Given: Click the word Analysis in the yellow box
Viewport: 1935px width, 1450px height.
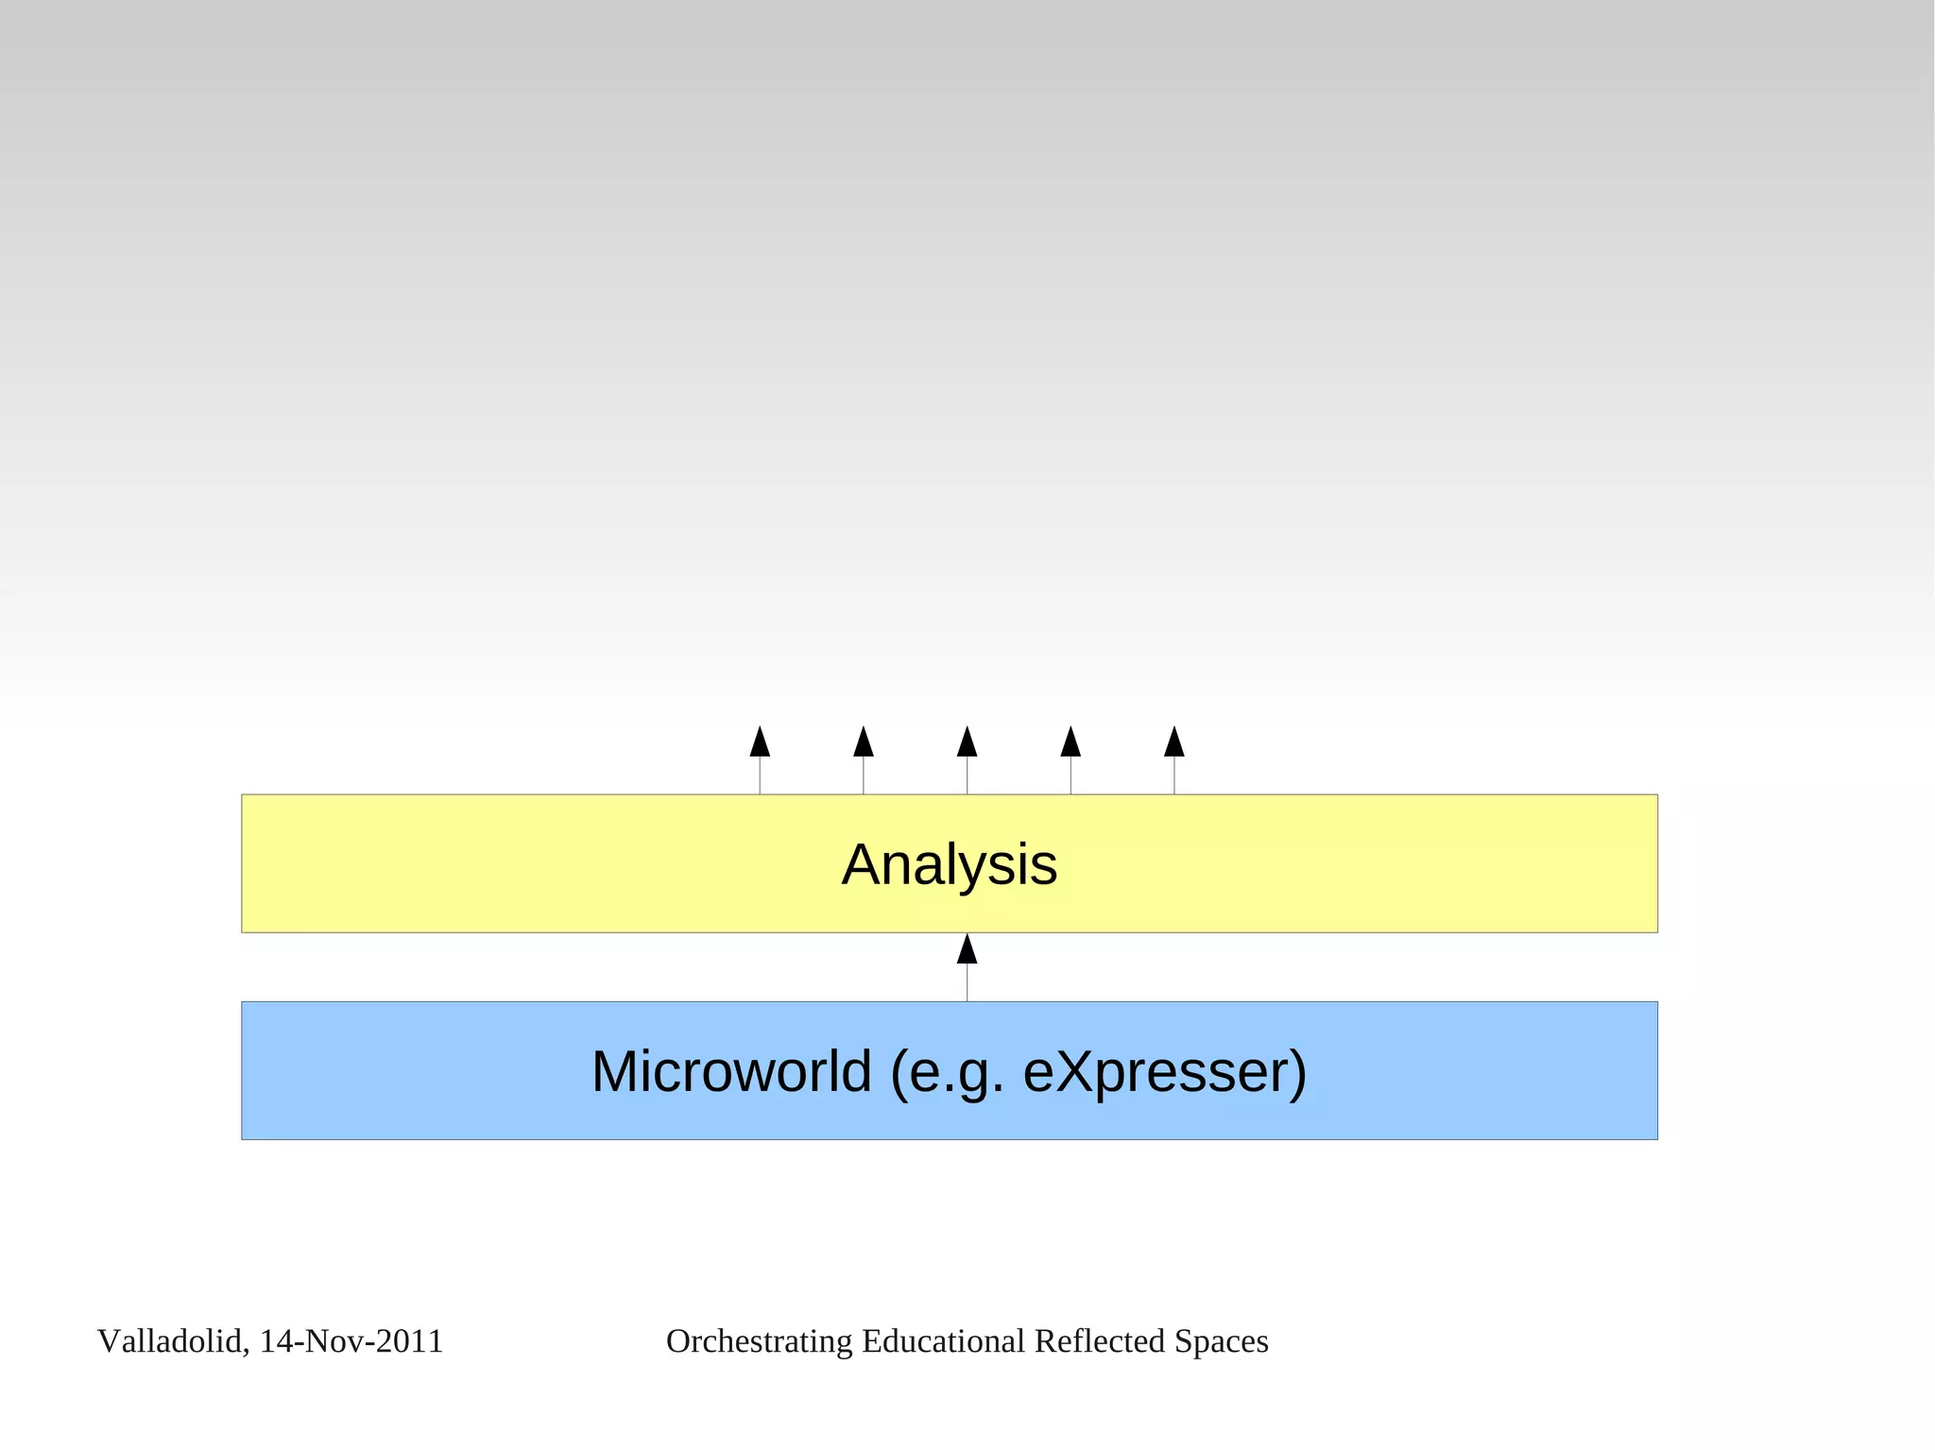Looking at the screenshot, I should tap(949, 864).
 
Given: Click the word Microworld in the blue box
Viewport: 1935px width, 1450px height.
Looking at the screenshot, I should tap(730, 1071).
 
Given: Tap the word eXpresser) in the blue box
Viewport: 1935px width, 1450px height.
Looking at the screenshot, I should tap(1165, 1071).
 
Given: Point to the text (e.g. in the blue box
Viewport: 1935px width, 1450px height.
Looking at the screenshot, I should tap(948, 1073).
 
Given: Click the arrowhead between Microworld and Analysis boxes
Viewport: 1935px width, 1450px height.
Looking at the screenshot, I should tap(967, 949).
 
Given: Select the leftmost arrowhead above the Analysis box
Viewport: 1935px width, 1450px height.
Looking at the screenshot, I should tap(760, 742).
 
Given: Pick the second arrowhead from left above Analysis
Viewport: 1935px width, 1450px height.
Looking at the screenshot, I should tap(864, 742).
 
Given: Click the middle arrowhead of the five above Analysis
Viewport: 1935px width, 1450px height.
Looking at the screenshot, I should tap(967, 742).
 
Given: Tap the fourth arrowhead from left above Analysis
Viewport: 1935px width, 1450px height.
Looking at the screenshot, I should tap(1070, 742).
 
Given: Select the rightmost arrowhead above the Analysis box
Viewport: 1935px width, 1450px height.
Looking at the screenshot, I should tap(1174, 742).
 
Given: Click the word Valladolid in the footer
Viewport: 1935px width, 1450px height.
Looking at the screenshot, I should tap(172, 1341).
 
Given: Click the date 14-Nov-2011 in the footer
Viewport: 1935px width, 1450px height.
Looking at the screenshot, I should tap(351, 1341).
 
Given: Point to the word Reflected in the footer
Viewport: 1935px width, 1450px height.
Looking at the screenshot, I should tap(1099, 1341).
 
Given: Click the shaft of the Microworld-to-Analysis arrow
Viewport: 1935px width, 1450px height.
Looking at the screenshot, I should tap(967, 982).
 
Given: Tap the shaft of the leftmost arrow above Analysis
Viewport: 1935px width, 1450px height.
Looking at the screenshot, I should tap(760, 776).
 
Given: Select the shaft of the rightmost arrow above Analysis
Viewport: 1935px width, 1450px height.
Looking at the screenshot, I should tap(1174, 776).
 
